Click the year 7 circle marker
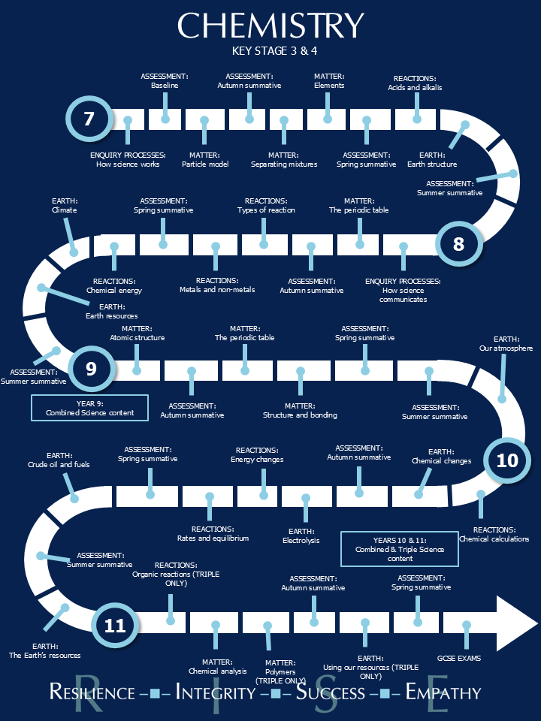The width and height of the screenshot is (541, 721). point(89,119)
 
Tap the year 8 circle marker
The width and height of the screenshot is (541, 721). point(458,243)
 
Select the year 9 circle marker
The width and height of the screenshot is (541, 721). point(92,369)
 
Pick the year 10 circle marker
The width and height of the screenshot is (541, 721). point(507,459)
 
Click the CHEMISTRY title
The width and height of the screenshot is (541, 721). point(270,26)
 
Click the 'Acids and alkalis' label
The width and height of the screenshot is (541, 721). point(415,87)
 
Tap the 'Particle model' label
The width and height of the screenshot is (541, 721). point(205,164)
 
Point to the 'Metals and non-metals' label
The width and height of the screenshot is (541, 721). point(217,289)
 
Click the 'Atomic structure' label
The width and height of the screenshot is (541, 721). point(137,337)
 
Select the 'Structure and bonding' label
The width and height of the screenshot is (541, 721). point(300,415)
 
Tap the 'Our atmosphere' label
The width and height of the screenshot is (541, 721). point(506,348)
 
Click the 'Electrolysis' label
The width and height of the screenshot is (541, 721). point(301,540)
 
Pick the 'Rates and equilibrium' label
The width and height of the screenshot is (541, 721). point(213,538)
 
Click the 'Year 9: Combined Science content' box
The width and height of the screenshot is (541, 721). point(90,408)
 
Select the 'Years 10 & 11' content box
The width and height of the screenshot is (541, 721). point(399,549)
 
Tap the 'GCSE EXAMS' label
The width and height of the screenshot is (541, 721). point(459,658)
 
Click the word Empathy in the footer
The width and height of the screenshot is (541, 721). point(443,692)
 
